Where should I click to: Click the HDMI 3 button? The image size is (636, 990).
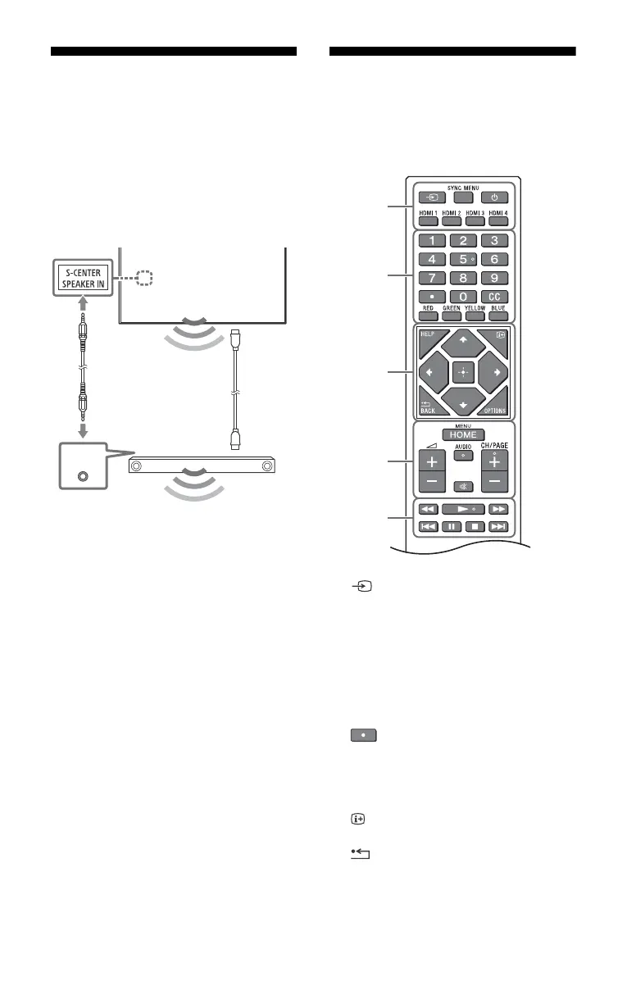474,219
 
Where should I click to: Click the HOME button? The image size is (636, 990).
463,434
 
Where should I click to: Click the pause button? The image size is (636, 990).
451,527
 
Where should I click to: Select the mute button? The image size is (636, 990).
463,485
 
